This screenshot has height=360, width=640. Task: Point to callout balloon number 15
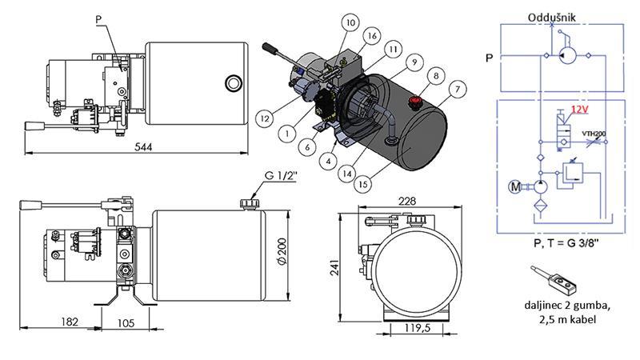364,184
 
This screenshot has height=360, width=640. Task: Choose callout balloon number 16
371,36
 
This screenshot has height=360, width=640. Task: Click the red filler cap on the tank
414,101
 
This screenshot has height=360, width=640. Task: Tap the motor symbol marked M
515,188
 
